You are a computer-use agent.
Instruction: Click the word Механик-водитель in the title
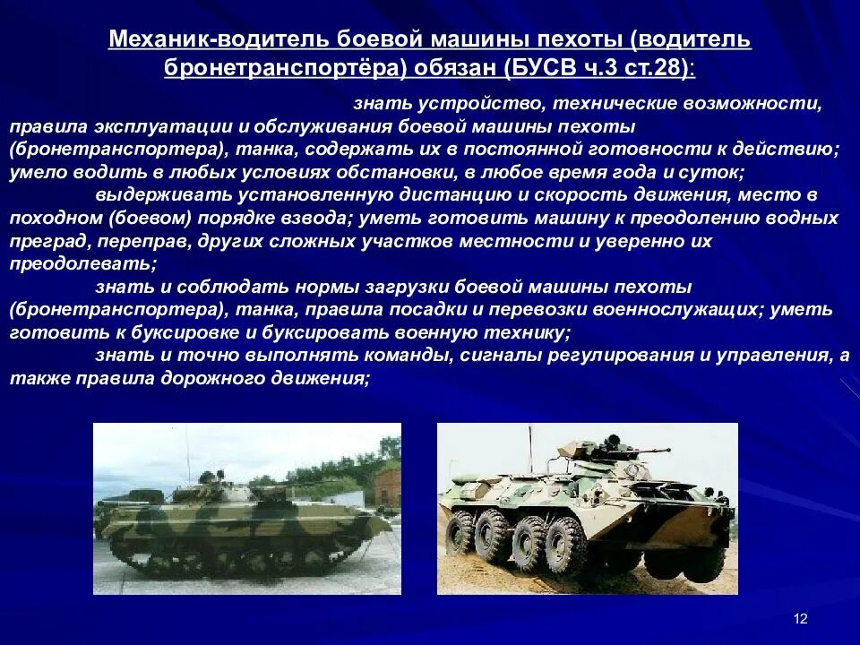coord(219,40)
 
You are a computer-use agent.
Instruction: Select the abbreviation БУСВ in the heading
coord(546,68)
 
